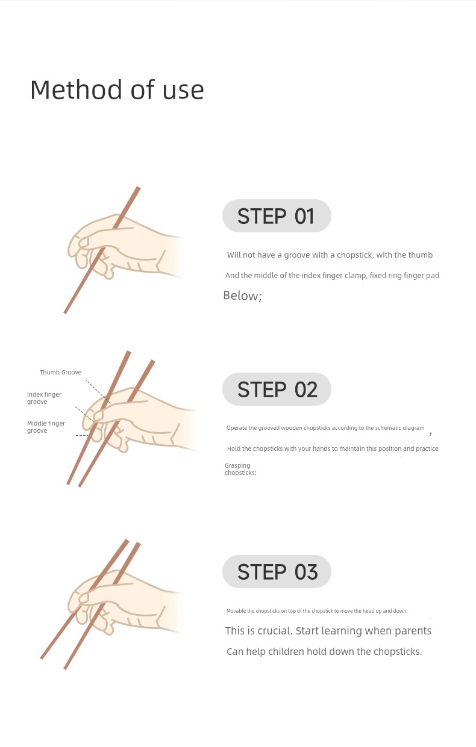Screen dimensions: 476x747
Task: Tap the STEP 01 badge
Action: (277, 215)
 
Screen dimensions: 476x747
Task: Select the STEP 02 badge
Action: (277, 389)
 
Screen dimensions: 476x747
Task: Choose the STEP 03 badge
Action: (277, 572)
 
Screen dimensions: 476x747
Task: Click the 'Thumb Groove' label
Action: (60, 372)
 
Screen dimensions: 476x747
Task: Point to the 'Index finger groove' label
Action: (44, 398)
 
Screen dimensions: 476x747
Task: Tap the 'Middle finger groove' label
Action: (46, 427)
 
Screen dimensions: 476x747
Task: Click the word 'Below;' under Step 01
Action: (242, 296)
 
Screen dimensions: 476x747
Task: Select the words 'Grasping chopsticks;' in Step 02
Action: (240, 469)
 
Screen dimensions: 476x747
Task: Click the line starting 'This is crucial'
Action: (328, 631)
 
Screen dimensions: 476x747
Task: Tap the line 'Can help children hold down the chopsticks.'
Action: (324, 652)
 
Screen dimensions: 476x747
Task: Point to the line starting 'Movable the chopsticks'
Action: (317, 611)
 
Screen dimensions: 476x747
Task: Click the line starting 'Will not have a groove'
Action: (330, 255)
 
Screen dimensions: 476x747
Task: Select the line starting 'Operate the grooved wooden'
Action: (325, 428)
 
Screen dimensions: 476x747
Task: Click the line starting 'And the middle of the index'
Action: (332, 276)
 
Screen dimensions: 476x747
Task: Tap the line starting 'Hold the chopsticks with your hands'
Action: (333, 448)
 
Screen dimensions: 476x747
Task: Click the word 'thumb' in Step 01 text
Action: (420, 255)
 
